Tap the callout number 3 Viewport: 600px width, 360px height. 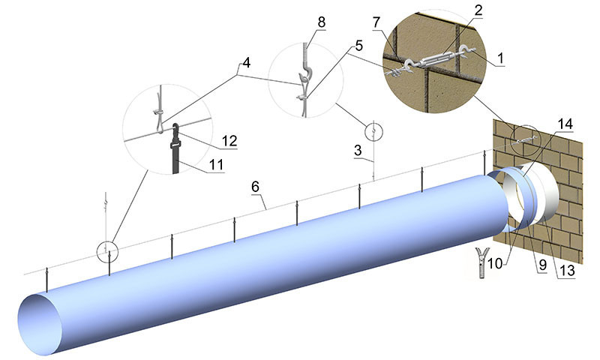click(363, 151)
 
